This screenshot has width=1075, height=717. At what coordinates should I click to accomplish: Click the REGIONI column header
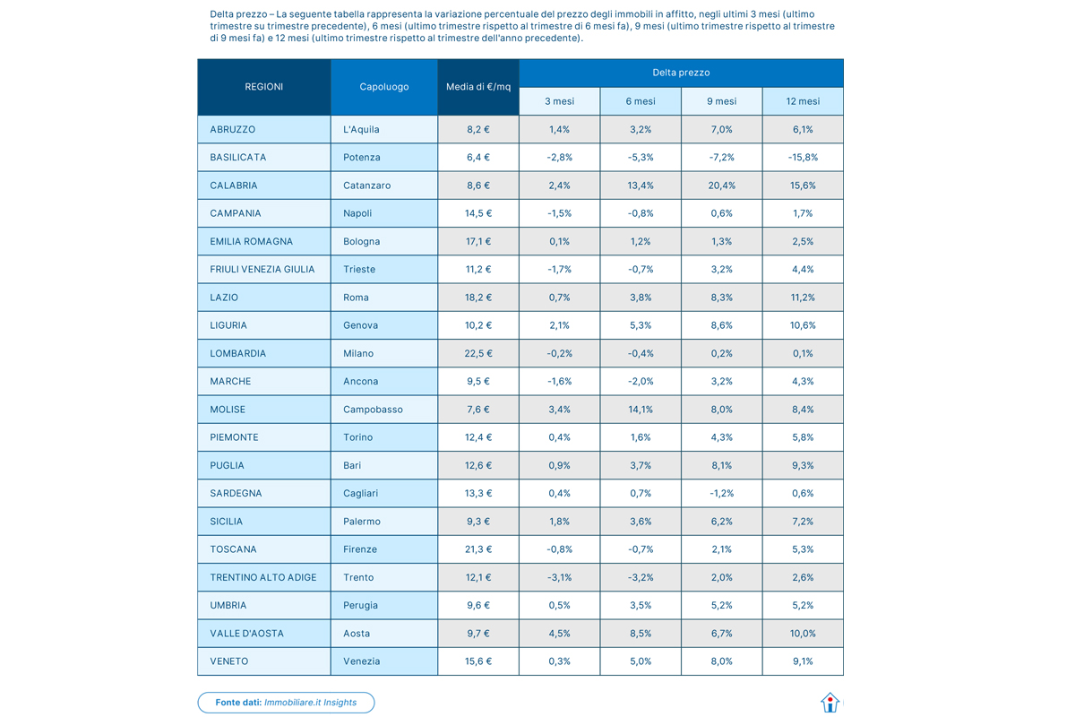pos(263,87)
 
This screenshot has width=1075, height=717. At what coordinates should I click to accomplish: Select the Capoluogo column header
pos(383,87)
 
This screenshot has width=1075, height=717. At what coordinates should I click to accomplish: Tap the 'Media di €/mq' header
pos(478,87)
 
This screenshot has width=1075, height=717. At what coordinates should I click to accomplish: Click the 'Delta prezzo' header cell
pos(681,73)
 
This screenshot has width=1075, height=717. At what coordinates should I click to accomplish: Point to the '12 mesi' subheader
pos(803,101)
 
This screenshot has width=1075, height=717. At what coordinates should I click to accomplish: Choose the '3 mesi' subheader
pos(559,101)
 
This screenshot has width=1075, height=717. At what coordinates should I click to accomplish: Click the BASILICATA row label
pos(238,157)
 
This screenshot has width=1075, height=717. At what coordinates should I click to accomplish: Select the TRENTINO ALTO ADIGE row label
pos(263,577)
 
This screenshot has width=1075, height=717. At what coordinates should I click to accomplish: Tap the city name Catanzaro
pos(367,186)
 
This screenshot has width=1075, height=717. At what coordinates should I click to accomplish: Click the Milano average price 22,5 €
pos(478,353)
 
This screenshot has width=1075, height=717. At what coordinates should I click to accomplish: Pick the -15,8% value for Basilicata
pos(803,157)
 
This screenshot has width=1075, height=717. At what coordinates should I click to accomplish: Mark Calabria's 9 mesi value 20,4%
pos(721,186)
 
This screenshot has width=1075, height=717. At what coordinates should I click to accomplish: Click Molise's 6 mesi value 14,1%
pos(641,410)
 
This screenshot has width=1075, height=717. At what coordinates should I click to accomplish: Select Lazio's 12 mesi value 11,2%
pos(803,298)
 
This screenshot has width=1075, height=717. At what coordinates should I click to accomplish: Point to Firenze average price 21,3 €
pos(478,549)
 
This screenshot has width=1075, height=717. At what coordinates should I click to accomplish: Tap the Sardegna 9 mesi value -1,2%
pos(721,493)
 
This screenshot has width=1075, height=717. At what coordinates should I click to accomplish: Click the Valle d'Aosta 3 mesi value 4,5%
pos(559,634)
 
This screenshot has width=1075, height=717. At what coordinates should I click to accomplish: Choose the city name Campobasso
pos(373,410)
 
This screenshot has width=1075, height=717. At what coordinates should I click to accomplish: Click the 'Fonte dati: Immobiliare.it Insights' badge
pos(286,703)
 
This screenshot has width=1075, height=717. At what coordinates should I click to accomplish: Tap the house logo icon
pos(830,703)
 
